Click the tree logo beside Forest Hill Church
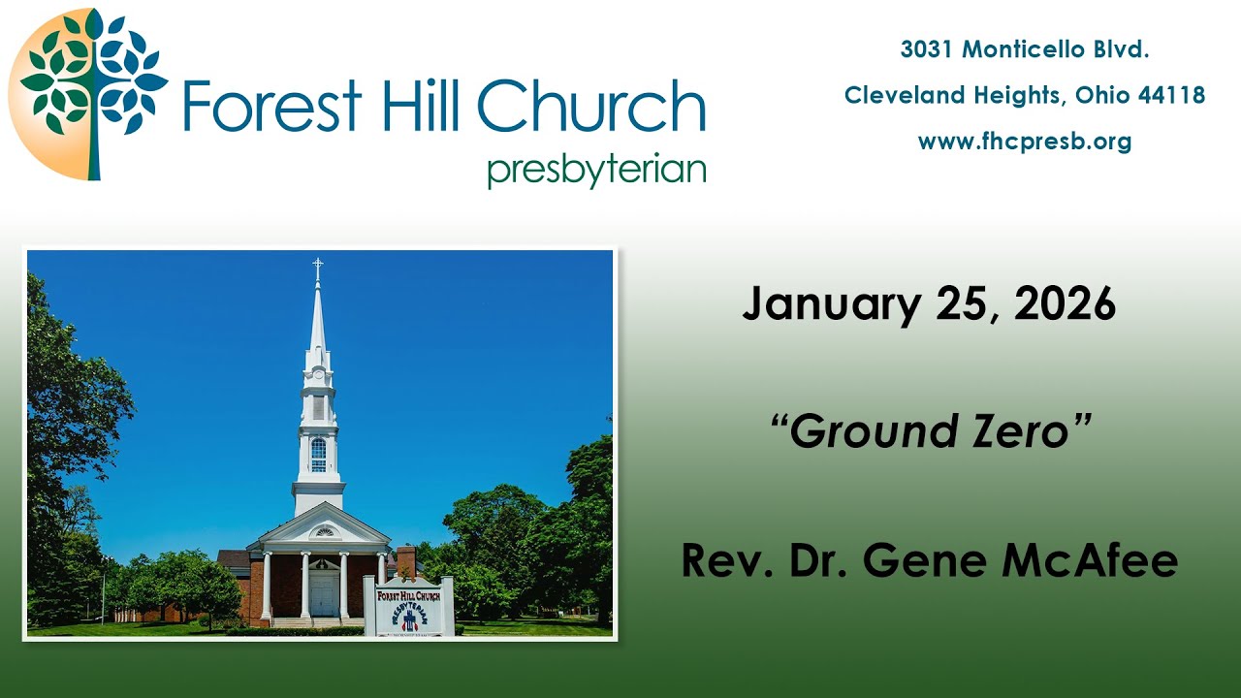coord(89,94)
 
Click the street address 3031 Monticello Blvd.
coord(1025,49)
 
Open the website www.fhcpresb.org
coord(1025,142)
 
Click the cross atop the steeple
coord(317,269)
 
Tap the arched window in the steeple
coord(318,454)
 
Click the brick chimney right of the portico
coord(406,562)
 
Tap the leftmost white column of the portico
coord(266,587)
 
